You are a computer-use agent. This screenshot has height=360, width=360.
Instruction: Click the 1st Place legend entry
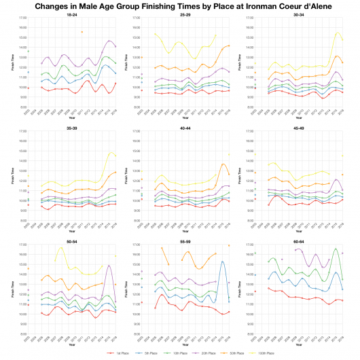tap(117, 353)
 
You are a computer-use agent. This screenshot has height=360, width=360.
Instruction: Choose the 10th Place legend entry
tap(171, 353)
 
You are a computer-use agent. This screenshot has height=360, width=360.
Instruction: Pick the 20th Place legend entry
tap(200, 353)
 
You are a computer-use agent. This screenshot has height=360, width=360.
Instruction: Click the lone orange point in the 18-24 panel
tap(82, 32)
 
